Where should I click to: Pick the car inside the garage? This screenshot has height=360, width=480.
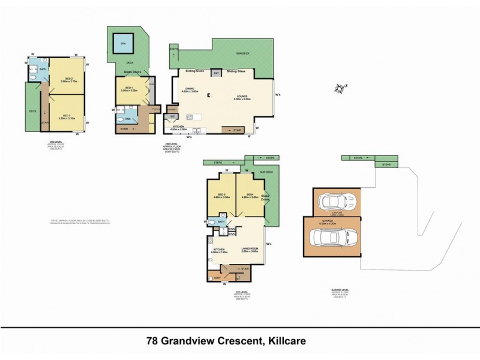333,237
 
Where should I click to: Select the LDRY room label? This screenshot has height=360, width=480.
217,277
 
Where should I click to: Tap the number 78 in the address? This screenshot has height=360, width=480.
154,341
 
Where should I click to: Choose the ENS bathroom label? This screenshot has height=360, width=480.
128,119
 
